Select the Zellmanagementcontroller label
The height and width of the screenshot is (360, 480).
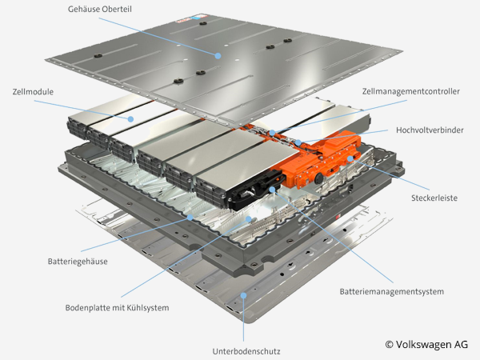click(411, 91)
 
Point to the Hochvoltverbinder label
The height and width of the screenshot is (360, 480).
click(428, 130)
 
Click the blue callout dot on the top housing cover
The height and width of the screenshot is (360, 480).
click(218, 54)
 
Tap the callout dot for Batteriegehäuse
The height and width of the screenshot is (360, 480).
click(190, 216)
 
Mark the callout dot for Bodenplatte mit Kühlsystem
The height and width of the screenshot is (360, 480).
click(248, 218)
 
